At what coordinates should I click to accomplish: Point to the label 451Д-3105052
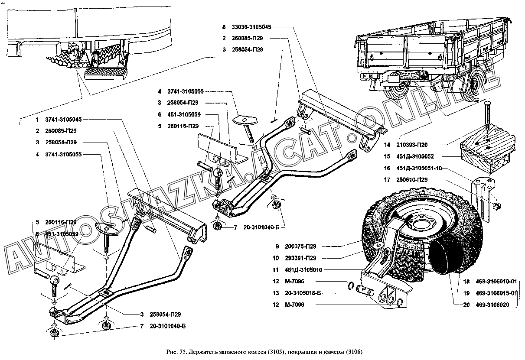click(413, 156)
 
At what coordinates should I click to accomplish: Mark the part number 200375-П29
click(300, 246)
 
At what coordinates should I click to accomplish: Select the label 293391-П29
click(300, 258)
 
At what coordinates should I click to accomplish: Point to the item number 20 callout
click(466, 305)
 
